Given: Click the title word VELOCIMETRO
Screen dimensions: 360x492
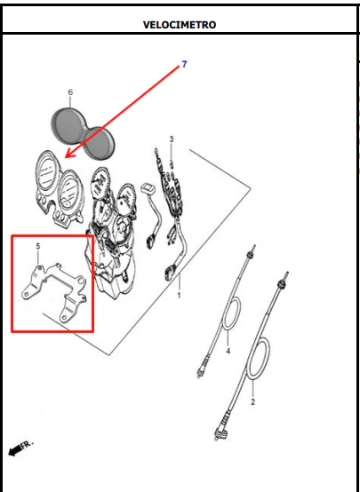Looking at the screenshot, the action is [x=180, y=25].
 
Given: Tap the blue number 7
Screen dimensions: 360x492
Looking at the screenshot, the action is [x=184, y=64].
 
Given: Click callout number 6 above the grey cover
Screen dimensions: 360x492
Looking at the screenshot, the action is [x=70, y=92].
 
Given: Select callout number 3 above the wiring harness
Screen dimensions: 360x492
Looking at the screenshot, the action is [x=172, y=139].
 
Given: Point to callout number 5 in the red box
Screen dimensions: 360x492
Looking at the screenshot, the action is [x=38, y=246].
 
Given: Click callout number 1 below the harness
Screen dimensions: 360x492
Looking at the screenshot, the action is [x=179, y=295].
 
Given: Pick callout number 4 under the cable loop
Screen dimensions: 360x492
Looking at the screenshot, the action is [x=228, y=351].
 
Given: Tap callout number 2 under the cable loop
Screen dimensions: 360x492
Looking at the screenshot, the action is [x=252, y=401].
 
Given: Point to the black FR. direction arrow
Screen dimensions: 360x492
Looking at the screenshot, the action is [x=14, y=451].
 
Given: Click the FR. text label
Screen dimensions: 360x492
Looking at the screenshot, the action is [x=27, y=445].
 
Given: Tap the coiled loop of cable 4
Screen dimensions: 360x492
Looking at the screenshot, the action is [x=231, y=313].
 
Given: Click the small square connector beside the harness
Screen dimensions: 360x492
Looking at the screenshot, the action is [x=148, y=188].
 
